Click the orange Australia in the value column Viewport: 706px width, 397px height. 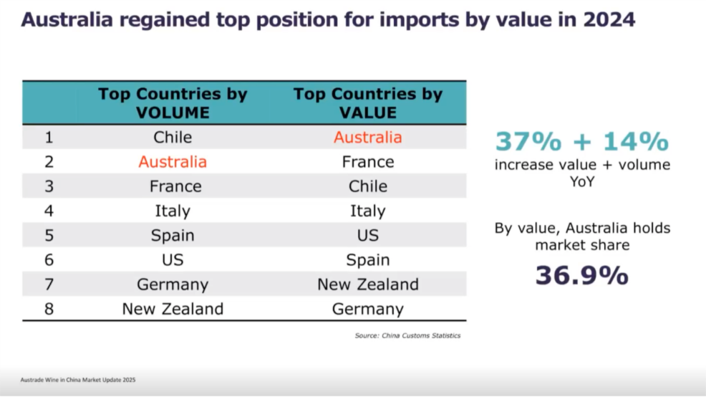pos(367,137)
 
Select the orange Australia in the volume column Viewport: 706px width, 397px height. pos(173,162)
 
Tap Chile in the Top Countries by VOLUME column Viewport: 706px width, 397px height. pos(173,137)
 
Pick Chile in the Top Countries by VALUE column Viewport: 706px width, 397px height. pos(367,186)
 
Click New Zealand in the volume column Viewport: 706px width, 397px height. pos(173,309)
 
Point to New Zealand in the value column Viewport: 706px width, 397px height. pos(367,284)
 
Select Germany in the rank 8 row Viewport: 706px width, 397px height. pos(367,309)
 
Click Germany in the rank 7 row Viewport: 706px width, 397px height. pos(173,284)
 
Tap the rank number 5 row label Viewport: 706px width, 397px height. pos(49,235)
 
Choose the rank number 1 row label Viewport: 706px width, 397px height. pos(49,137)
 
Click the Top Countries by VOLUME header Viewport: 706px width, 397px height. pos(173,103)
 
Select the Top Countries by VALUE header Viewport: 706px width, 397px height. pos(367,103)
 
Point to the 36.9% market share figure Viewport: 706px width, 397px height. pos(581,275)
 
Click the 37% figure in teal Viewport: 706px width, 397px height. pos(528,141)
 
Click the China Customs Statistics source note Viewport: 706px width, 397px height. pos(407,335)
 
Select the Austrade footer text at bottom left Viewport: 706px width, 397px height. pos(78,379)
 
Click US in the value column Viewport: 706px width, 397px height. pos(367,235)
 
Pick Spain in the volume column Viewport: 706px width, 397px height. pos(173,235)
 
